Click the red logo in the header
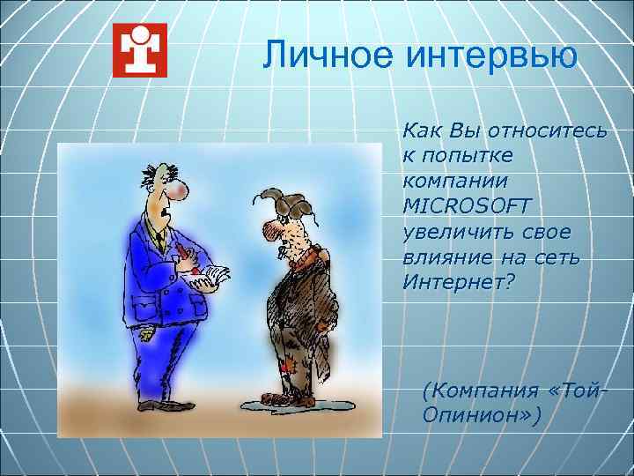[x=140, y=50]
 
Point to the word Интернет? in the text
[x=458, y=282]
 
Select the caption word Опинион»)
[x=475, y=413]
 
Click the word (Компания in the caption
[x=476, y=389]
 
